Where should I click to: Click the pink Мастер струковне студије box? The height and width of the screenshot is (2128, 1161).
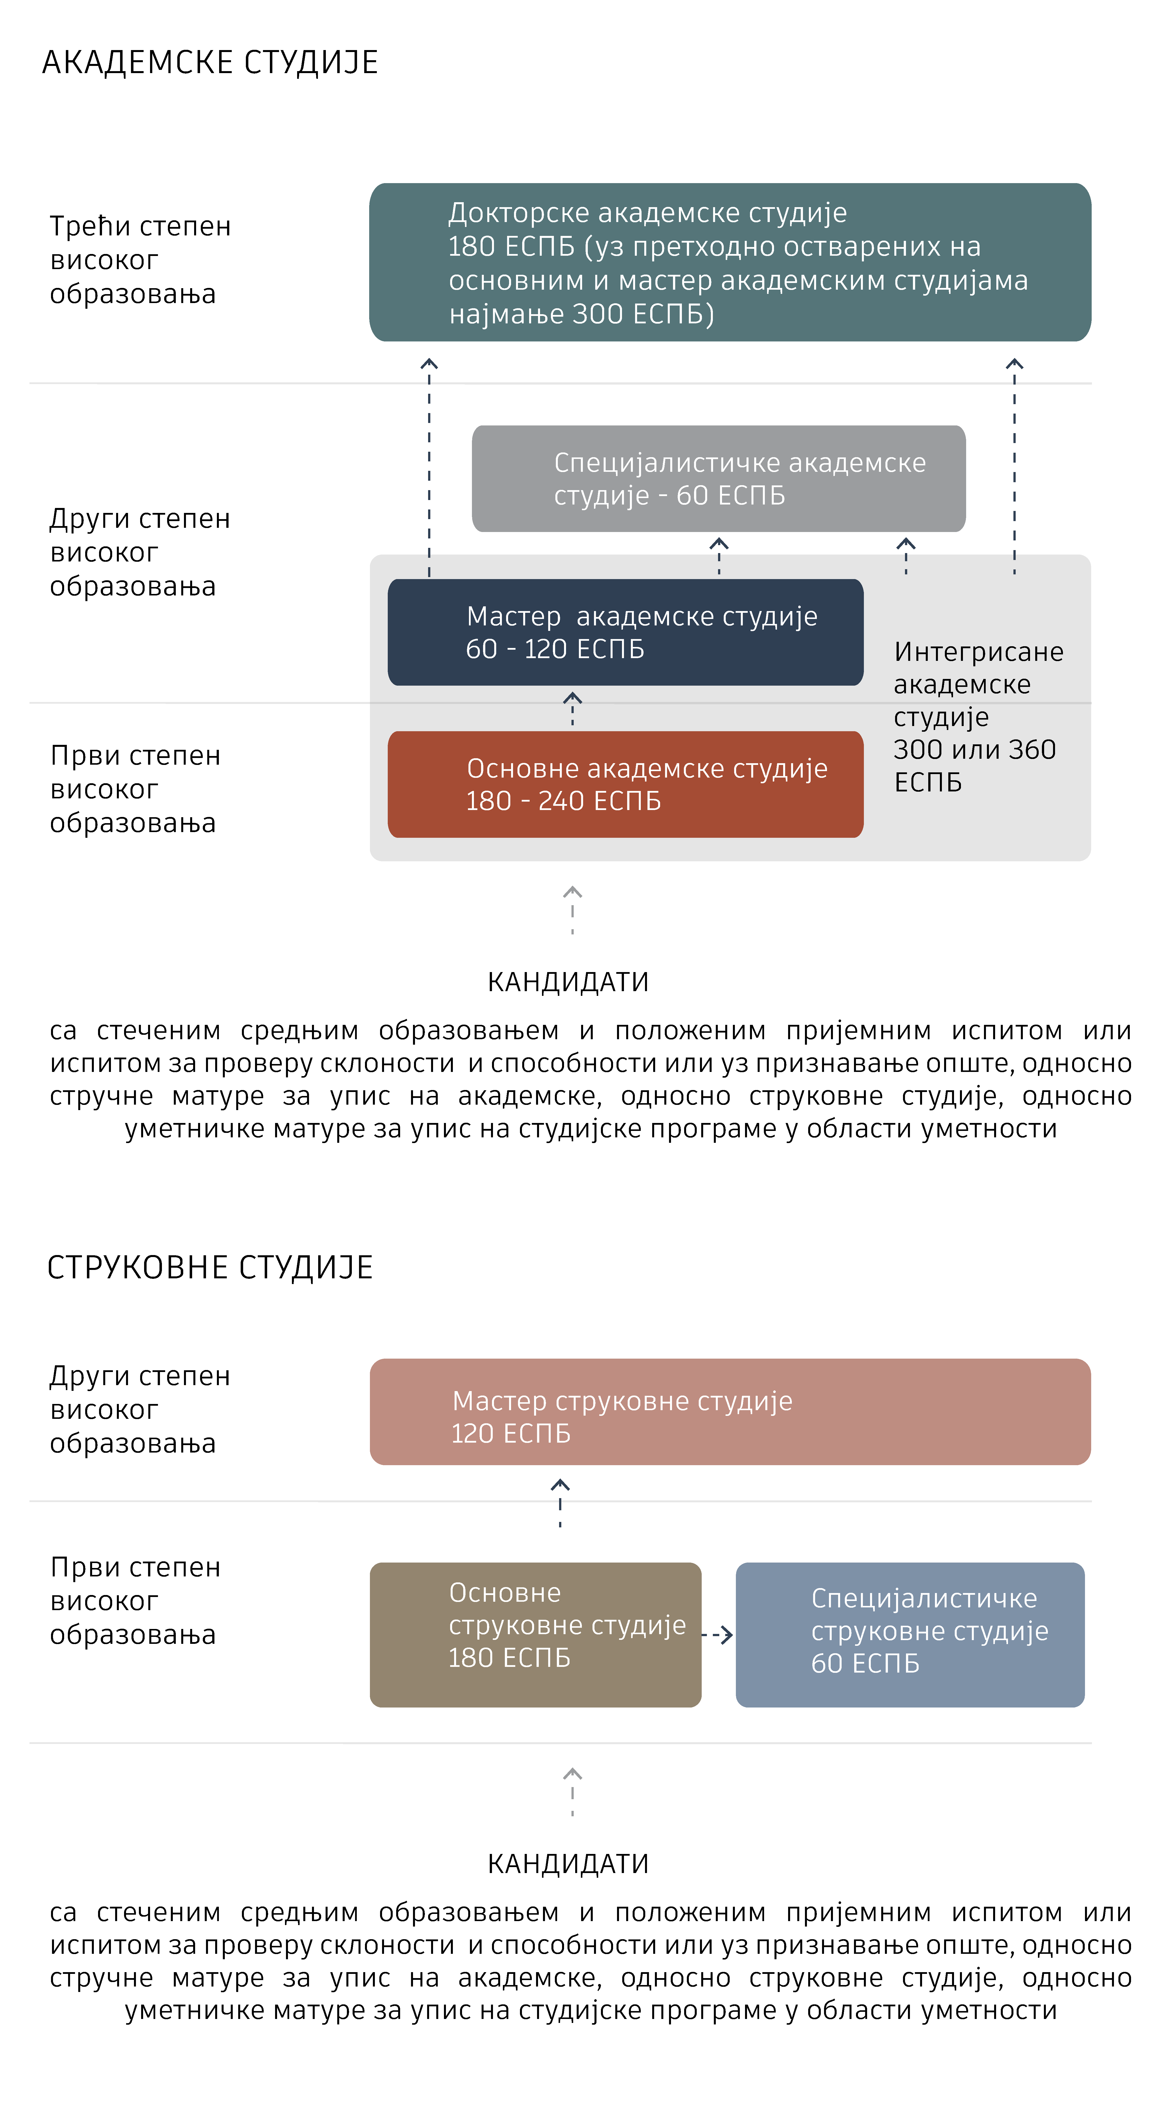pos(730,1412)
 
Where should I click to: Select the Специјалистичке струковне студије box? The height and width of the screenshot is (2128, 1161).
pos(910,1635)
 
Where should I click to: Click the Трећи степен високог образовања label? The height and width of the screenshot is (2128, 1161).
pos(140,259)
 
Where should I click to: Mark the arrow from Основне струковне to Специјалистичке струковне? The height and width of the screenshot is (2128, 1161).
pos(717,1635)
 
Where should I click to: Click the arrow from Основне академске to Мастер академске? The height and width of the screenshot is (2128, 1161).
pos(572,709)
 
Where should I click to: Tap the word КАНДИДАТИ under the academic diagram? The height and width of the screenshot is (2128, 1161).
pos(568,982)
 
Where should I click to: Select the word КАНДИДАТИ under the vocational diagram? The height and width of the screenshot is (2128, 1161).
pos(568,1865)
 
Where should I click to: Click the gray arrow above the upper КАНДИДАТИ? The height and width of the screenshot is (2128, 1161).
pos(572,910)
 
